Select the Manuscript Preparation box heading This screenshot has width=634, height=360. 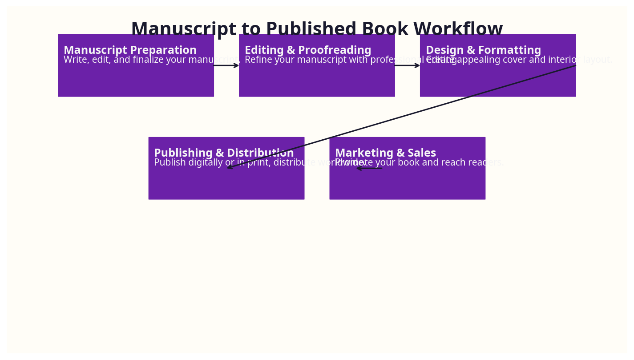click(x=130, y=50)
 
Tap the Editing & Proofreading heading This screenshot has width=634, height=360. click(x=308, y=50)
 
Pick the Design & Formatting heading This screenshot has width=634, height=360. click(x=483, y=50)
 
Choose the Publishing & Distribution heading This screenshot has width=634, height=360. click(x=224, y=153)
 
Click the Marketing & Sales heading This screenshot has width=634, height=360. click(x=385, y=153)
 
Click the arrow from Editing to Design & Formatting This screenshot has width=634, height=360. click(x=407, y=65)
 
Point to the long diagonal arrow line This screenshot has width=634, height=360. click(x=400, y=117)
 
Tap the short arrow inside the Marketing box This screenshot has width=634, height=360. click(x=369, y=168)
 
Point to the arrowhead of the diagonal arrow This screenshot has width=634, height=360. click(x=229, y=168)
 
